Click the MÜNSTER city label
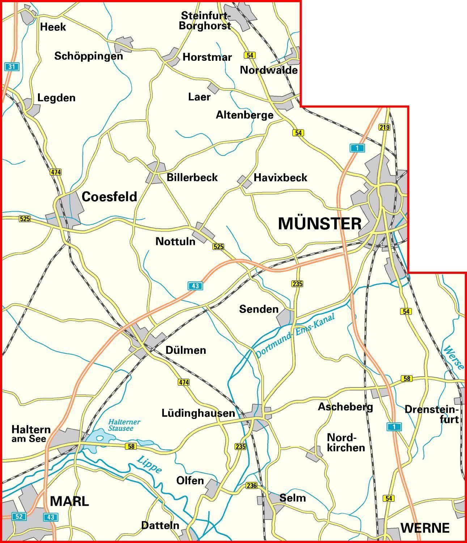coord(320,224)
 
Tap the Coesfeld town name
coord(109,196)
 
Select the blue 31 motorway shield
coord(12,67)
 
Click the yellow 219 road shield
coord(384,127)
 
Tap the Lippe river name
coord(149,465)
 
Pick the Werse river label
coord(454,357)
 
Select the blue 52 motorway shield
coord(19,516)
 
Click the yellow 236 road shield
coord(251,485)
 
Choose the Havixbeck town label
coord(280,178)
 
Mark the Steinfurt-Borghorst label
coord(205,21)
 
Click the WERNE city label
coord(425,528)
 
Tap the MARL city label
coord(69,501)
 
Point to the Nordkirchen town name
coord(346,442)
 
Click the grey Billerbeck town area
coord(156,173)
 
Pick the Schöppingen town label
coord(89,56)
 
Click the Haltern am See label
coord(31,434)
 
